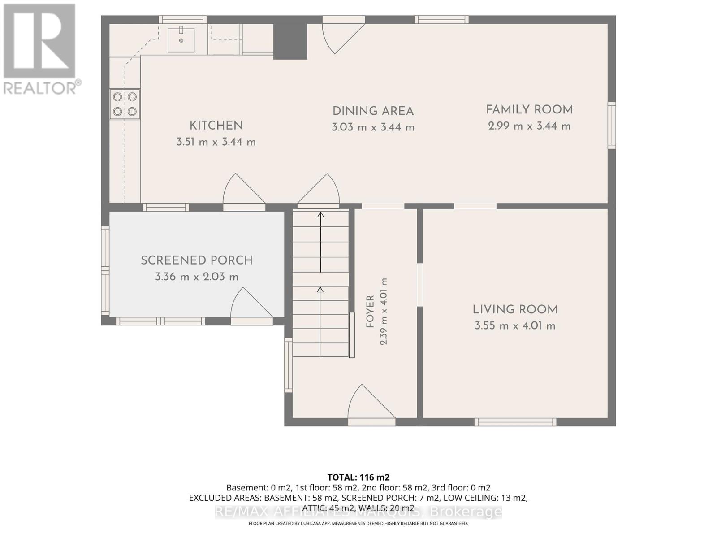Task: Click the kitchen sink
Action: pyautogui.click(x=181, y=40)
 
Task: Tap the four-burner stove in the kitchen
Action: pyautogui.click(x=125, y=104)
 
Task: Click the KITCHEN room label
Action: pyautogui.click(x=216, y=126)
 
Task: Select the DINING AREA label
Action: pyautogui.click(x=373, y=111)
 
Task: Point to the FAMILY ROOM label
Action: pyautogui.click(x=530, y=110)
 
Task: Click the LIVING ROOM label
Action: pyautogui.click(x=515, y=310)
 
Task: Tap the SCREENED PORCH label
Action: pyautogui.click(x=197, y=260)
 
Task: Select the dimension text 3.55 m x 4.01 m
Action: pyautogui.click(x=515, y=326)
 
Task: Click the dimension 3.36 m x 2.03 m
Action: pyautogui.click(x=197, y=277)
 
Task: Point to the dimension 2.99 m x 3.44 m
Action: pyautogui.click(x=530, y=126)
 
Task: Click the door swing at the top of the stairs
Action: pyautogui.click(x=319, y=190)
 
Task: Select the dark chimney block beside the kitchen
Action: pyautogui.click(x=290, y=42)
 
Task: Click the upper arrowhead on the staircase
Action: pyautogui.click(x=321, y=215)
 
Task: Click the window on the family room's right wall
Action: pyautogui.click(x=612, y=126)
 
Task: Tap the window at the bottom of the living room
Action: pyautogui.click(x=515, y=422)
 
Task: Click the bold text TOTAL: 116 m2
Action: pyautogui.click(x=358, y=477)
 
